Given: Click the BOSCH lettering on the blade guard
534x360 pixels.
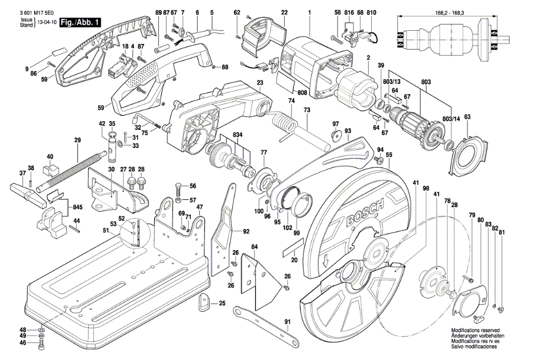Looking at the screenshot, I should pyautogui.click(x=360, y=214).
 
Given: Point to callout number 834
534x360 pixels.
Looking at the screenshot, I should pyautogui.click(x=237, y=134).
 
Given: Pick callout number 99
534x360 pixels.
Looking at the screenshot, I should pyautogui.click(x=295, y=232).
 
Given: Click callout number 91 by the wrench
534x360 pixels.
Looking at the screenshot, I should pyautogui.click(x=287, y=322).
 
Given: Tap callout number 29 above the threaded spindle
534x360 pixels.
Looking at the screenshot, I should pyautogui.click(x=77, y=140).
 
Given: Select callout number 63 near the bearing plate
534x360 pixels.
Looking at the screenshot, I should pyautogui.click(x=467, y=117).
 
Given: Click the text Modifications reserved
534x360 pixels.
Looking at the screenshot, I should pyautogui.click(x=475, y=330).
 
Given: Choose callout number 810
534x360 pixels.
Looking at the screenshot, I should pyautogui.click(x=372, y=13).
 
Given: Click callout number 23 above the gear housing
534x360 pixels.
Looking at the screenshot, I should pyautogui.click(x=260, y=83).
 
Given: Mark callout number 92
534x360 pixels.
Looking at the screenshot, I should pyautogui.click(x=246, y=231).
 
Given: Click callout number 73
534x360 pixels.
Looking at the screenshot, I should pyautogui.click(x=306, y=109).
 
